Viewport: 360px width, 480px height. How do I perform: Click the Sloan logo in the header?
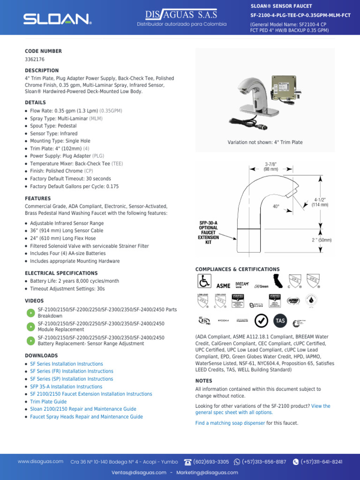click(57, 19)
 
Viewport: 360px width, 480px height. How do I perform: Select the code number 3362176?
click(35, 60)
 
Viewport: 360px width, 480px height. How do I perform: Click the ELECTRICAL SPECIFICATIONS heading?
click(61, 273)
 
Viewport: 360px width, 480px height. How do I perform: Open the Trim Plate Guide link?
click(48, 402)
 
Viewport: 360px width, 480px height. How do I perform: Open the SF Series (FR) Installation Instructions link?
click(72, 371)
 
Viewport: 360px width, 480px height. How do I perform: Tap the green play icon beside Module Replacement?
click(30, 327)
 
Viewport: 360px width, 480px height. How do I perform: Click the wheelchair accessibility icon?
click(204, 282)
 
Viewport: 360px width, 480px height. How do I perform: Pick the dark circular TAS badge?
click(280, 321)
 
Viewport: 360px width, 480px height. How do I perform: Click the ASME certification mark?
click(223, 285)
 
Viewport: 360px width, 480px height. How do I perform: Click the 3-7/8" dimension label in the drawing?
click(271, 167)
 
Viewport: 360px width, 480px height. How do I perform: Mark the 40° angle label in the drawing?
click(276, 206)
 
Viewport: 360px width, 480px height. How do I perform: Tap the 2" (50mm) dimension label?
click(322, 240)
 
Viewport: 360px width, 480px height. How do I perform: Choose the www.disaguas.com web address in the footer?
click(41, 462)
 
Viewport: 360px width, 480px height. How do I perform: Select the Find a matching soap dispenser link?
click(230, 423)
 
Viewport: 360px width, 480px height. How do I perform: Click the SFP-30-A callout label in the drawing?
click(208, 232)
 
